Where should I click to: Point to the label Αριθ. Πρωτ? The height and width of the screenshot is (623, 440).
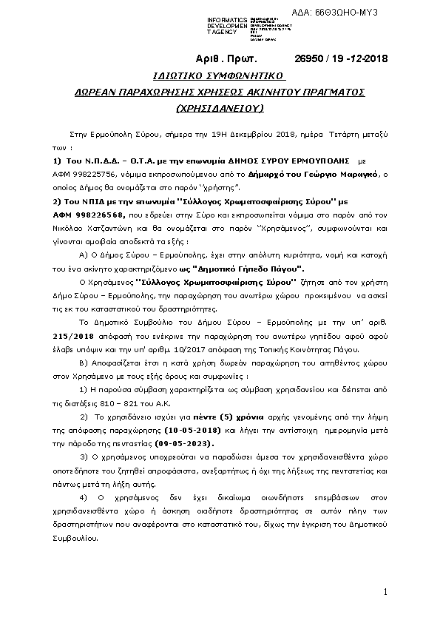[226, 58]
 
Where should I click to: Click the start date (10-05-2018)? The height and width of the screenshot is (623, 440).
[195, 429]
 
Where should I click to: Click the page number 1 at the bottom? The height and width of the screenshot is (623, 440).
[386, 592]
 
